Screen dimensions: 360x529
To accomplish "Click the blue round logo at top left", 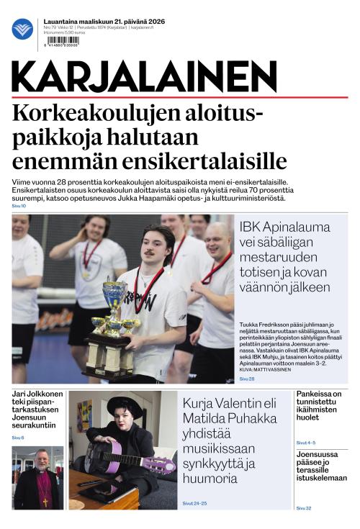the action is point(22,29).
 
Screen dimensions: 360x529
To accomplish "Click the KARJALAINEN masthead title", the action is point(144,77).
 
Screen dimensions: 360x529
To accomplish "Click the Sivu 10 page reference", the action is point(19,206).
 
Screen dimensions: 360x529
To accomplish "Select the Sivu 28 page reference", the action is point(246,378).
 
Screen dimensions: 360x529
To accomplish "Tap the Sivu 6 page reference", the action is point(17,438).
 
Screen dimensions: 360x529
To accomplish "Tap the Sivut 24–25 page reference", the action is point(194,503).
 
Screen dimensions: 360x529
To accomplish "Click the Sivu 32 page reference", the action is point(303,508).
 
